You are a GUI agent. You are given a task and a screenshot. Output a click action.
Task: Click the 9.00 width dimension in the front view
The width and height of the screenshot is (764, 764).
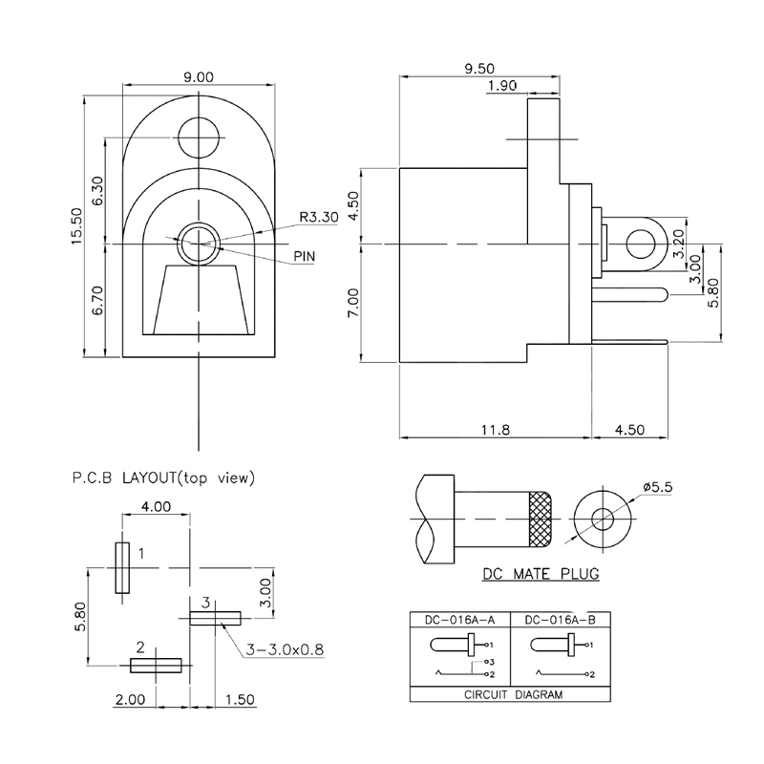coord(198,77)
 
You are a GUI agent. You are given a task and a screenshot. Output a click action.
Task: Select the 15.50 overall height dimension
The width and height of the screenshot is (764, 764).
coord(77,227)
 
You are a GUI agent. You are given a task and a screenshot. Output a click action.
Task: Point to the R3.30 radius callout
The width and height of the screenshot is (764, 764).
coord(318,217)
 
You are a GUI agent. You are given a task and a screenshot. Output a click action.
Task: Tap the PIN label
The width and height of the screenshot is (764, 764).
coord(308,256)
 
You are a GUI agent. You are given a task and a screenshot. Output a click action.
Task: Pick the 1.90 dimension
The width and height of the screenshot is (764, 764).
coord(501,86)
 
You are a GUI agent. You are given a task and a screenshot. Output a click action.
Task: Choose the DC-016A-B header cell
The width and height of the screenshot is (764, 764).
coord(561,619)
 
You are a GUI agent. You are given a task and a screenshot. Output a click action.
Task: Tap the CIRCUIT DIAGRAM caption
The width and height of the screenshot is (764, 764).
coord(511,695)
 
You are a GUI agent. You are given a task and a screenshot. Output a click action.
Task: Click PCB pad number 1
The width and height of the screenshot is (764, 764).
coord(122,568)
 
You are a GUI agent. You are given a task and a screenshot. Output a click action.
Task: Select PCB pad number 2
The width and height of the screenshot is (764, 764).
coord(157,664)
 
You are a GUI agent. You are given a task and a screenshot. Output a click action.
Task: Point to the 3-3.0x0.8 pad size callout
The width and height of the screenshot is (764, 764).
coord(286,649)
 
